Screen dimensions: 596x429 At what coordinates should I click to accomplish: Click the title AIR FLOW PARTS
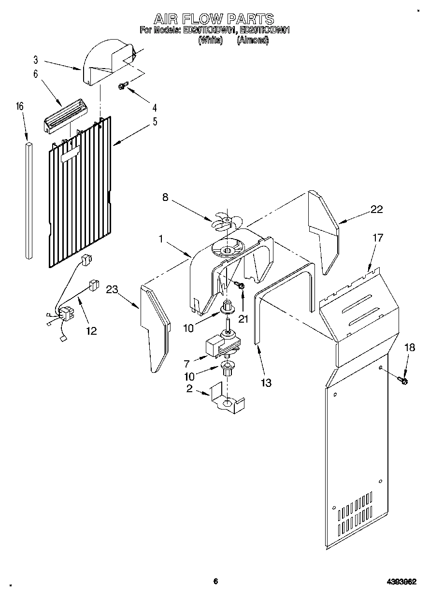click(214, 19)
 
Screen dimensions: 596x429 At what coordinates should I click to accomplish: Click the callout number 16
click(20, 107)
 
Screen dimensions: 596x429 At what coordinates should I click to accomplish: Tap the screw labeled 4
click(123, 86)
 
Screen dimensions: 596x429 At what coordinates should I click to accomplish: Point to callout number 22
click(376, 209)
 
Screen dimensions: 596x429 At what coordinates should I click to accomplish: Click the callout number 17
click(377, 238)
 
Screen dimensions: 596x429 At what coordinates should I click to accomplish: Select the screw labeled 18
click(403, 381)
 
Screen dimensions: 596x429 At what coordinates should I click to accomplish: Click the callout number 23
click(112, 289)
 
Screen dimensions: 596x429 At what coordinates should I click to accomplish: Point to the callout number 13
click(265, 383)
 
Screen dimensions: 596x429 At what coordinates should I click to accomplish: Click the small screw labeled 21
click(241, 287)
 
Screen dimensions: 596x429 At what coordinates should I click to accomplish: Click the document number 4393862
click(401, 582)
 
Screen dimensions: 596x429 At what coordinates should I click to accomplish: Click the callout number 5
click(155, 121)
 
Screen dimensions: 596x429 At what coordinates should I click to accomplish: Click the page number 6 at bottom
click(216, 582)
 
